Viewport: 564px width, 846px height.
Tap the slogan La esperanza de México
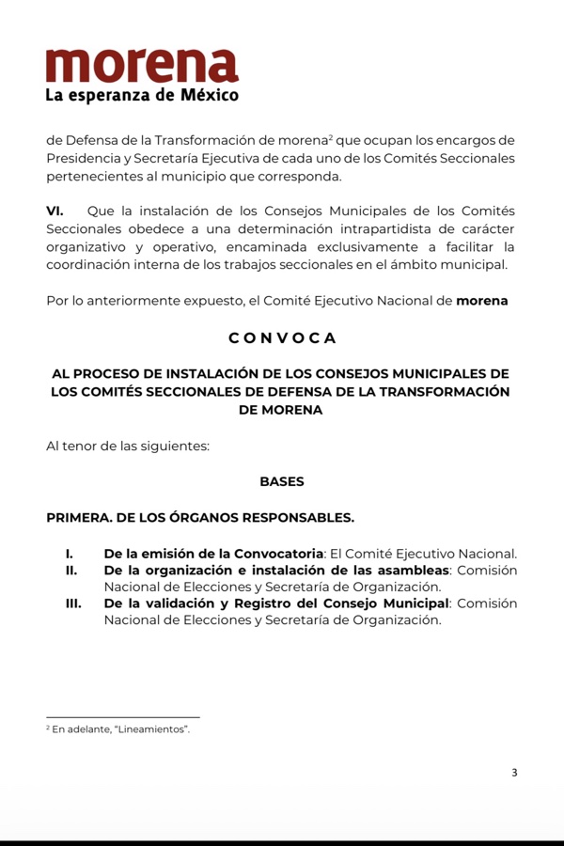pos(142,95)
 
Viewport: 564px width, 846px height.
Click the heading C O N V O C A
pos(281,337)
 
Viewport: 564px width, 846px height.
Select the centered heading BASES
pos(282,481)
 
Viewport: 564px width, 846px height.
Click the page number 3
pos(514,773)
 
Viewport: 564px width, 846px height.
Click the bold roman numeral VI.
pos(55,211)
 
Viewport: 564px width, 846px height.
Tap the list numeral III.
pos(73,603)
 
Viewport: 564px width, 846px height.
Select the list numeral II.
pos(70,571)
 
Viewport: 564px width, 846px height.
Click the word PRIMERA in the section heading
pos(80,517)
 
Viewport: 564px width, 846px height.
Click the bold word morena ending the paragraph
pos(481,301)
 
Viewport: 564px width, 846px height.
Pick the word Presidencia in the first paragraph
pos(85,158)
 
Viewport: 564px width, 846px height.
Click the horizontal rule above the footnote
pos(122,717)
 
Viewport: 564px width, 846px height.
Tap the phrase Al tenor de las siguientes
pos(127,446)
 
